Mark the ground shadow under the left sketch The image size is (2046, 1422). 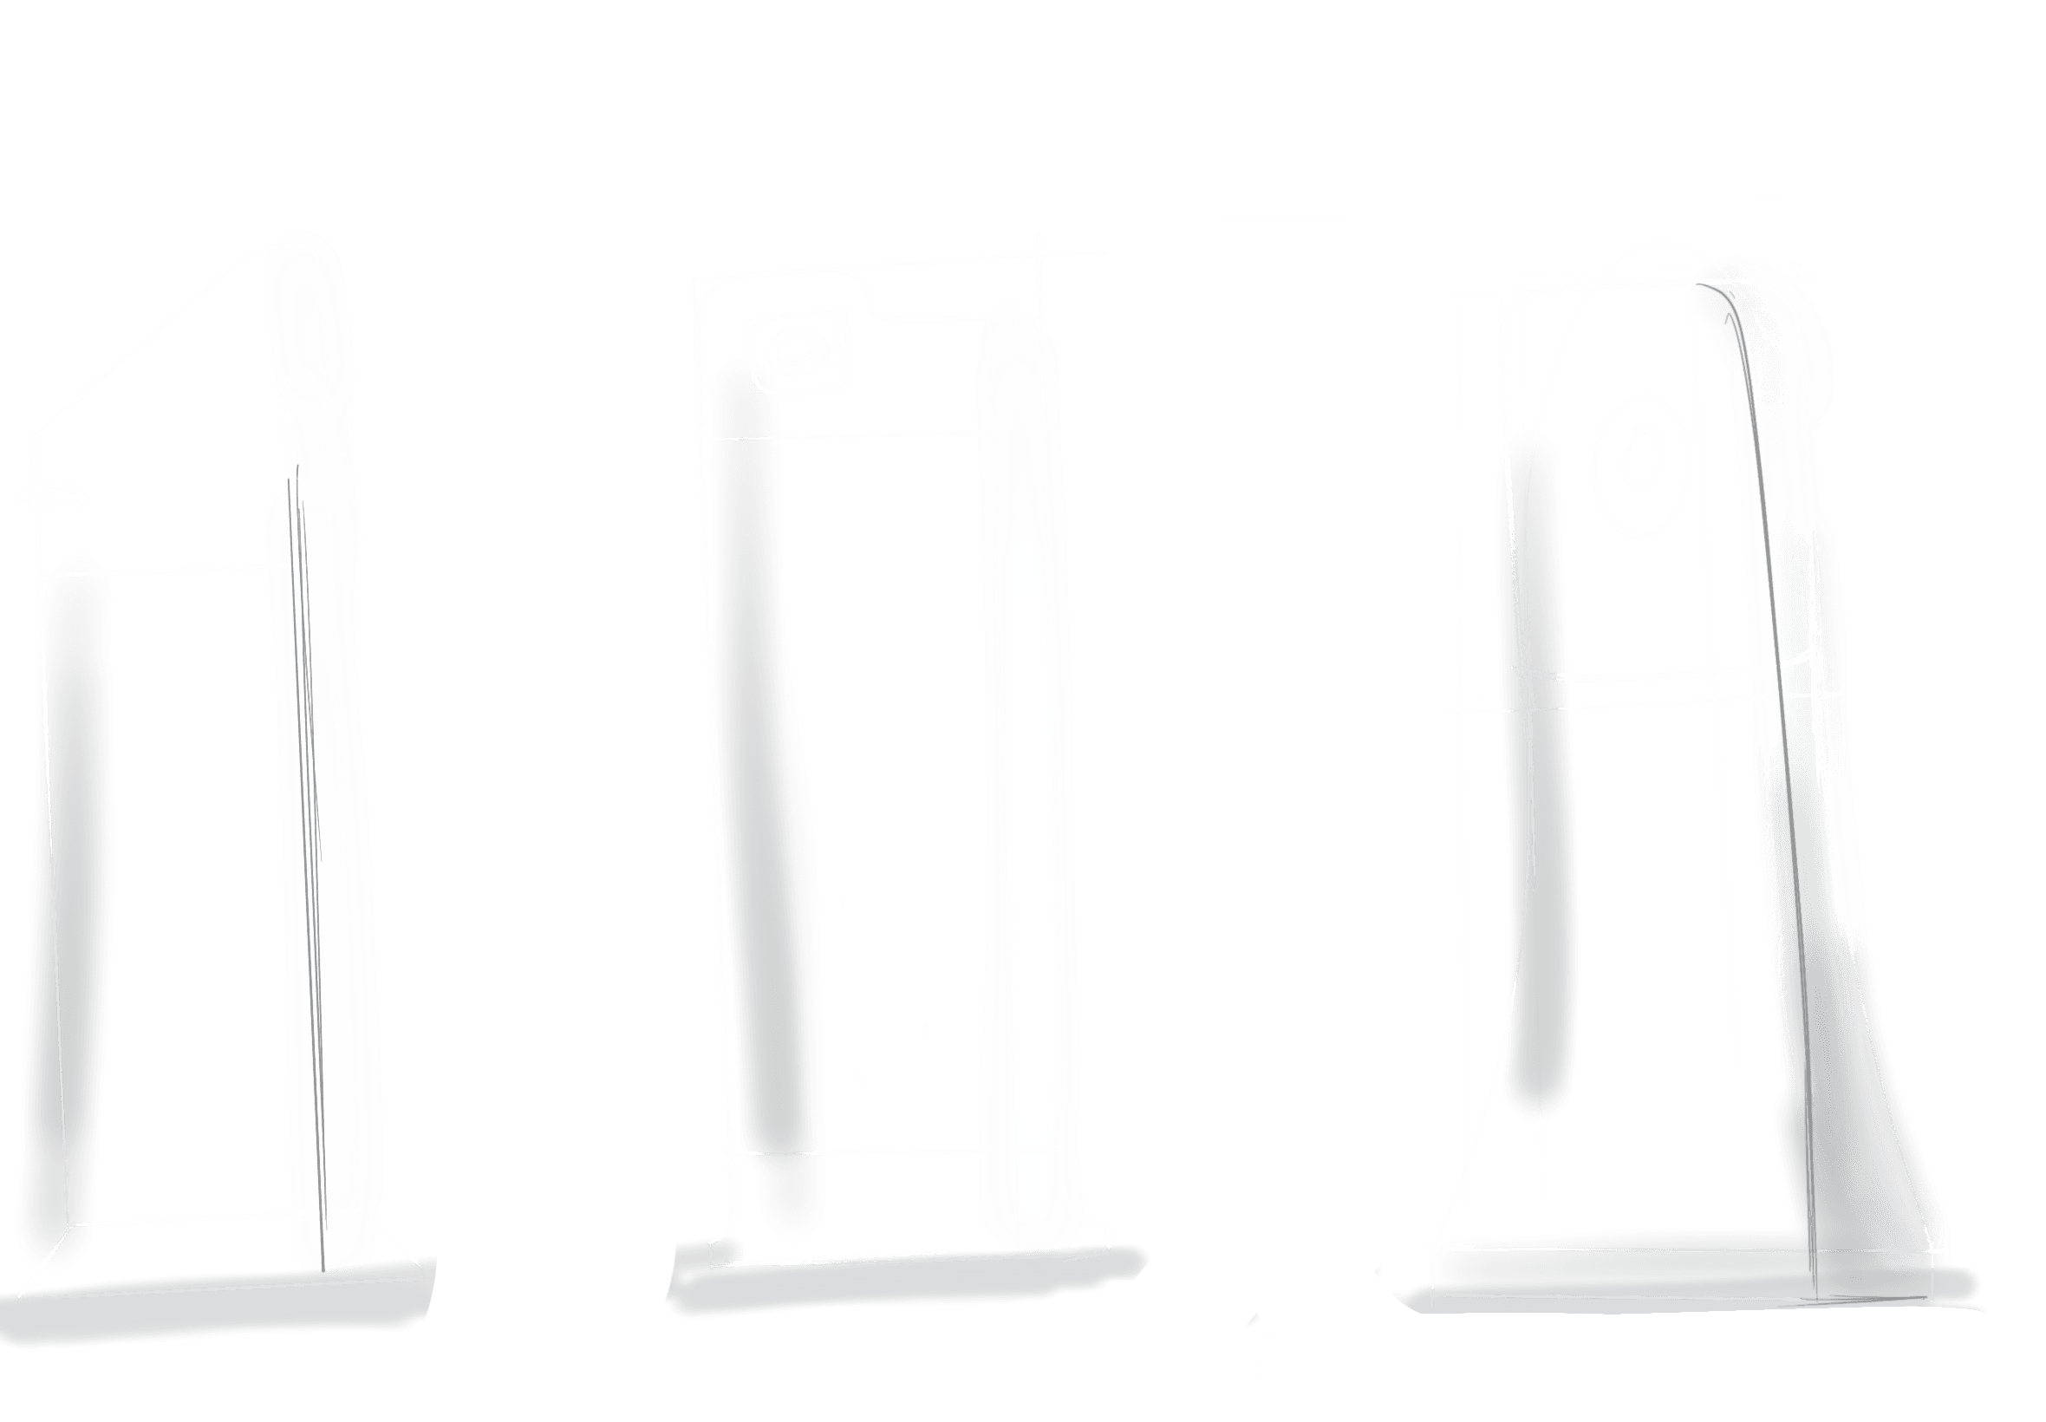[x=223, y=1310]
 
